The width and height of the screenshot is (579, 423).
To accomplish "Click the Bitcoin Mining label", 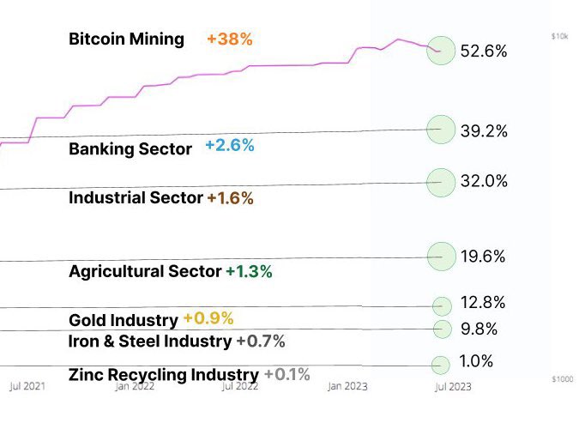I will point(126,39).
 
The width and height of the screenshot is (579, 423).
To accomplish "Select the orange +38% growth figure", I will point(229,39).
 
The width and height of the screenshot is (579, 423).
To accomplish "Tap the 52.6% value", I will point(484,51).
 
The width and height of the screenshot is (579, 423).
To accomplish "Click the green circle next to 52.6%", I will point(441,51).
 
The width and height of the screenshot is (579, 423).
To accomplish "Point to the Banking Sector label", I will point(130,149).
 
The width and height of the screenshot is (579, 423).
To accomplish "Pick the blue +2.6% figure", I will point(229,146).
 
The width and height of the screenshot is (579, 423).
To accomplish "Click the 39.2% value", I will point(484,131).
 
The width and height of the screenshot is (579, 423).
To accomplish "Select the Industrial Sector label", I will point(136,198).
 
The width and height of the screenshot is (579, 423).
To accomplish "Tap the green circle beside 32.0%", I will point(441,182).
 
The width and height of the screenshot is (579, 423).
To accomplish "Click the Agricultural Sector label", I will point(145,272).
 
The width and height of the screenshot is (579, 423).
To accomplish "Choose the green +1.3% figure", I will point(249,272).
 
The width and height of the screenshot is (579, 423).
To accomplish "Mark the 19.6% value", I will point(484,257).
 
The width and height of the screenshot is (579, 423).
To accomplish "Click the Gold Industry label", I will point(123,321).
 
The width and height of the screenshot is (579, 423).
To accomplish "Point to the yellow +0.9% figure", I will point(208,318).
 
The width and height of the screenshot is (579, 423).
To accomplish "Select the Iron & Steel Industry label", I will point(150,341).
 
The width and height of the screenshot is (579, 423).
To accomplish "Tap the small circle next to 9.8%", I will point(442,329).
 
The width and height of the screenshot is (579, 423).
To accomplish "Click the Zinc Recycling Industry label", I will point(163,375).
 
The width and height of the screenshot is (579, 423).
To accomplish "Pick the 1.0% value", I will point(476,361).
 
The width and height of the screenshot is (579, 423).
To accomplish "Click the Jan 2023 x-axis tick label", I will point(347,387).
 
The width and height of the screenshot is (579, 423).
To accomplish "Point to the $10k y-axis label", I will point(558,36).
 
